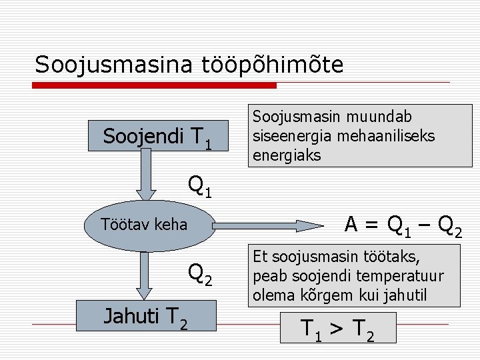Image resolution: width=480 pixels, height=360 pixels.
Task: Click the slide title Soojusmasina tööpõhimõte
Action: [x=189, y=65]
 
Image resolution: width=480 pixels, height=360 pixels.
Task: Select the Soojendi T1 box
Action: [x=158, y=137]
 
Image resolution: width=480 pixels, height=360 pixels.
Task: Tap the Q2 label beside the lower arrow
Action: [x=200, y=273]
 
